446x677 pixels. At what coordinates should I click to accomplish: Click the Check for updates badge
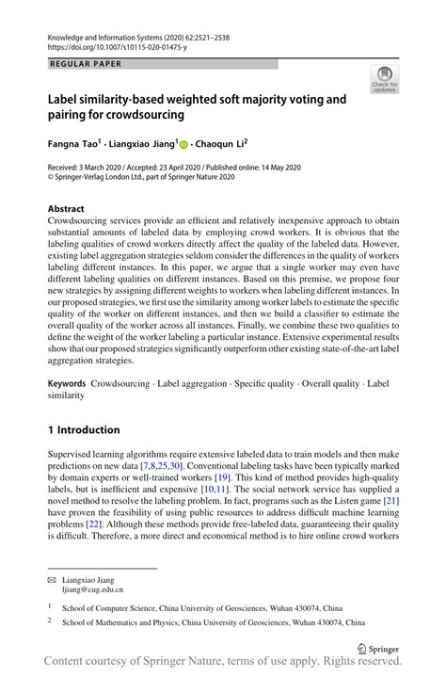(x=383, y=78)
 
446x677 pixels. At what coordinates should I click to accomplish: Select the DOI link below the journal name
(x=112, y=44)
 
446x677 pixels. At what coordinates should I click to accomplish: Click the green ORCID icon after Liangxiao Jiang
(x=184, y=147)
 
